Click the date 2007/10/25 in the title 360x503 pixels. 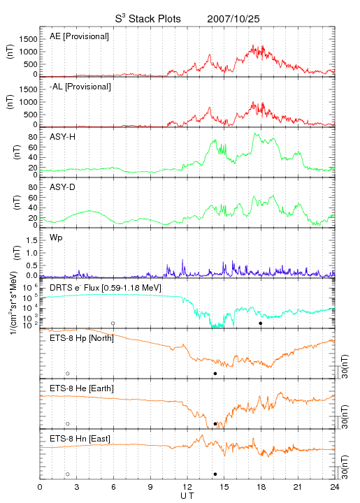(233, 19)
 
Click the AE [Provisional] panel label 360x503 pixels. (79, 36)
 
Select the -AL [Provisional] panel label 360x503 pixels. (80, 87)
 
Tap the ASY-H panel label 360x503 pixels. (63, 137)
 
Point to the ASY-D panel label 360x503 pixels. (63, 187)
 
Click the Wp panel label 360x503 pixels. (56, 238)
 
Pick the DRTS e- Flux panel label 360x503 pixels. (106, 288)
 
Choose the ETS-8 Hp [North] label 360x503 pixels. (82, 338)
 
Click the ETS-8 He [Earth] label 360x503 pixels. (82, 388)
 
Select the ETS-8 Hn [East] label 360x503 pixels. (80, 439)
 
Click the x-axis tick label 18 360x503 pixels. (261, 487)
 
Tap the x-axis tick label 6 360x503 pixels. (113, 487)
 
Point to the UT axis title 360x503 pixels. (187, 496)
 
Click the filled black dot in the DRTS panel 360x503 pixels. (261, 323)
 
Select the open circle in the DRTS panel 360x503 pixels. (113, 323)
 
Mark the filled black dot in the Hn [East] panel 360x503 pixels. (215, 474)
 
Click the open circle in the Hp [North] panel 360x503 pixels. (68, 373)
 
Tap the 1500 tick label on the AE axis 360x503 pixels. (29, 39)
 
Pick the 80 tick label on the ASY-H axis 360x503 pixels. (33, 138)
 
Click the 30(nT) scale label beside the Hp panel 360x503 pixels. (345, 367)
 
